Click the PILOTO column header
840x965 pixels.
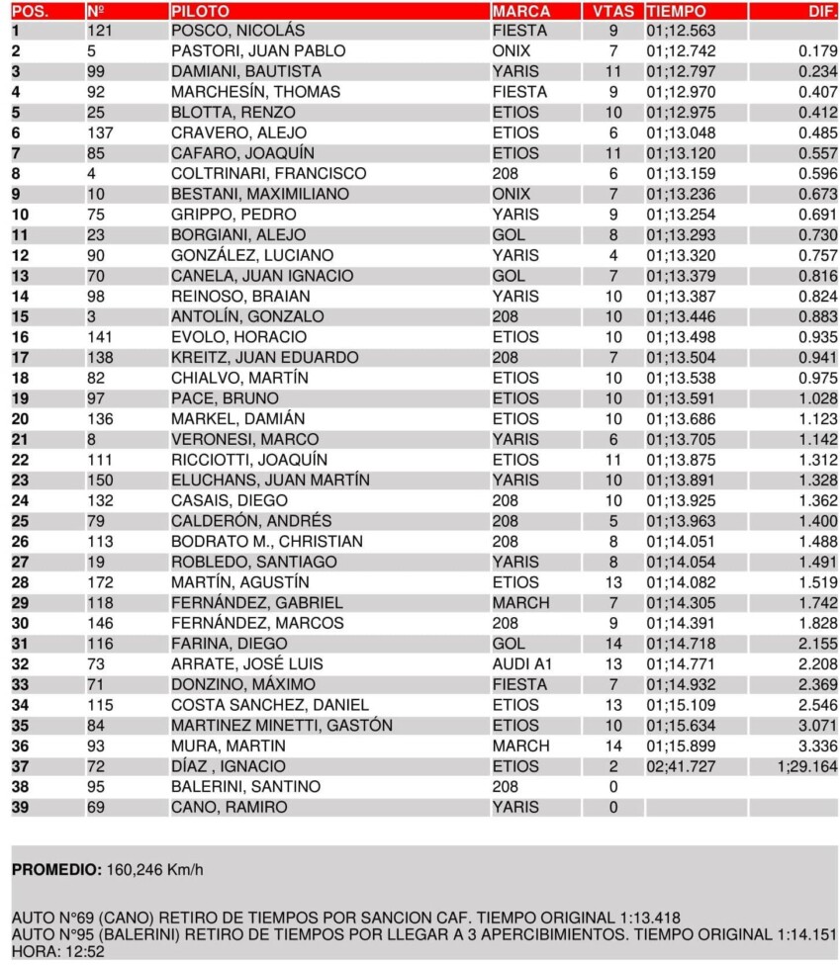coord(200,11)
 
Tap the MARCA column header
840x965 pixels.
coord(521,11)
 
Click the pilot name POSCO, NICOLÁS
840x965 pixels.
coord(237,31)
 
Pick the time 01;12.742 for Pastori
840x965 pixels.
coord(680,51)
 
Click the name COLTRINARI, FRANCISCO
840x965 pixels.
coord(268,173)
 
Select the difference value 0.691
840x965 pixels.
coord(817,215)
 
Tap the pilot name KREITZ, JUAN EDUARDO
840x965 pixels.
coord(264,357)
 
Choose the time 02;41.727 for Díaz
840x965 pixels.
coord(680,765)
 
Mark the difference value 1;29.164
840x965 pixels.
coord(806,765)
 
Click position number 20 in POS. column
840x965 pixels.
coord(21,418)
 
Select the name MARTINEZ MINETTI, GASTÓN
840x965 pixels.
coord(281,725)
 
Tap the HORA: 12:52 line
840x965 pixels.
coord(57,952)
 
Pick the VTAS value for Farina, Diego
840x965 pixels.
coord(613,643)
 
